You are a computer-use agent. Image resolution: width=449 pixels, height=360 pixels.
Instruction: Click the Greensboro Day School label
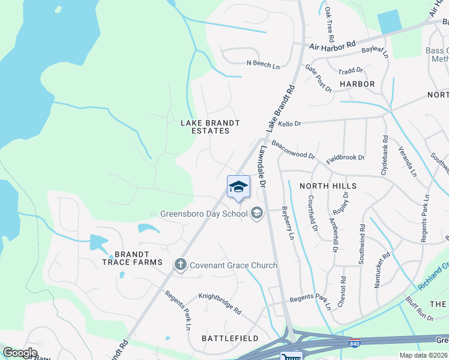(x=204, y=214)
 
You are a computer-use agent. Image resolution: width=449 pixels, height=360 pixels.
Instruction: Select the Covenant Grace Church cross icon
(x=179, y=265)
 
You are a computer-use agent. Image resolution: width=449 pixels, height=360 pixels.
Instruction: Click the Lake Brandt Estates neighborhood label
(x=211, y=127)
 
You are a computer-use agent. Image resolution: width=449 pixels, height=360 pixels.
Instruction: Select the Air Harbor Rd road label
(x=332, y=46)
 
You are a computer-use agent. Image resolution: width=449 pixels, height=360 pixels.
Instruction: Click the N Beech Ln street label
(x=263, y=63)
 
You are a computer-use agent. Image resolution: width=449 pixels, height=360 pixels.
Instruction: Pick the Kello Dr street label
(x=289, y=123)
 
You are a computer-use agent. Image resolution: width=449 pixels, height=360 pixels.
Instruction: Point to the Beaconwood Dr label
(x=293, y=149)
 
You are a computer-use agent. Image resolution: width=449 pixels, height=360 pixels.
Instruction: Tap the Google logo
(x=19, y=353)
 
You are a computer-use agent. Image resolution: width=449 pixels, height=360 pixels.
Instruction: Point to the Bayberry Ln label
(x=288, y=224)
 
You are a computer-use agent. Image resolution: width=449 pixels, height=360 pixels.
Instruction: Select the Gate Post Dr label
(x=318, y=79)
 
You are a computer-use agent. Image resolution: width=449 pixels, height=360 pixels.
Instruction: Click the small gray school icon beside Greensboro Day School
(x=256, y=213)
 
